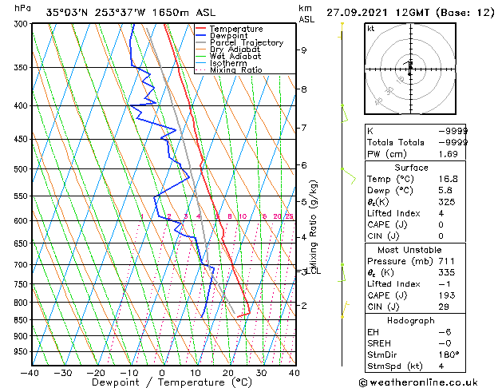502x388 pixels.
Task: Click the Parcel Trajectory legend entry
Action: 246,42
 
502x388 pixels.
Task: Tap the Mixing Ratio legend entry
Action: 236,70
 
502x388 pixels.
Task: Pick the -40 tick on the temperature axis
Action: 30,372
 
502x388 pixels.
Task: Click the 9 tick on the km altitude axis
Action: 304,50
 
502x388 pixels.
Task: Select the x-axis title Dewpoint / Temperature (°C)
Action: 162,382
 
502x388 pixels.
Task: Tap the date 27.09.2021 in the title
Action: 356,12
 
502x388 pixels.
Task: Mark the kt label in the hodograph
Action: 370,29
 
